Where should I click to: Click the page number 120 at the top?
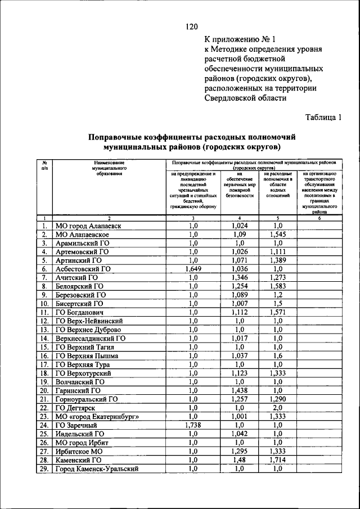[191, 26]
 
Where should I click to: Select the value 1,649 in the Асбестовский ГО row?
[193, 269]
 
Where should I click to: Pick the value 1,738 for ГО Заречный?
[193, 425]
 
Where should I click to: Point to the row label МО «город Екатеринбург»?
[97, 417]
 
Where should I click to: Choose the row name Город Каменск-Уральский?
[96, 469]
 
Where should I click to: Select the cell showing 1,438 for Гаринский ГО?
[239, 390]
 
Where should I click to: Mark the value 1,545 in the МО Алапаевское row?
[277, 234]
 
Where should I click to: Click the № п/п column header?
[44, 165]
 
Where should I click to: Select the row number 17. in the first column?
[43, 364]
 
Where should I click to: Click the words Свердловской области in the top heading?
[245, 98]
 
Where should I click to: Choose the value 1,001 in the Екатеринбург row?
[239, 417]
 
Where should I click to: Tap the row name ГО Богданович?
[79, 312]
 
